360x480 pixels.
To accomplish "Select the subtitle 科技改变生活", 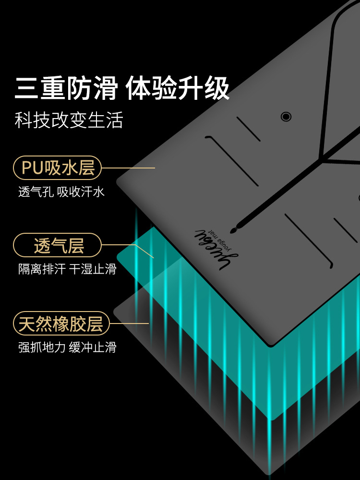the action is click(x=69, y=120).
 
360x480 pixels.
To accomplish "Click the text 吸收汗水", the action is click(x=81, y=192).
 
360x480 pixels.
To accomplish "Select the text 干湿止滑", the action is click(x=93, y=269).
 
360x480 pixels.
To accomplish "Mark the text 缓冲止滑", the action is click(x=93, y=347).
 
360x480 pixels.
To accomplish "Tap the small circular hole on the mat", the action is click(x=286, y=116).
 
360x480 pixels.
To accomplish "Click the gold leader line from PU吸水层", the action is click(x=129, y=168).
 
